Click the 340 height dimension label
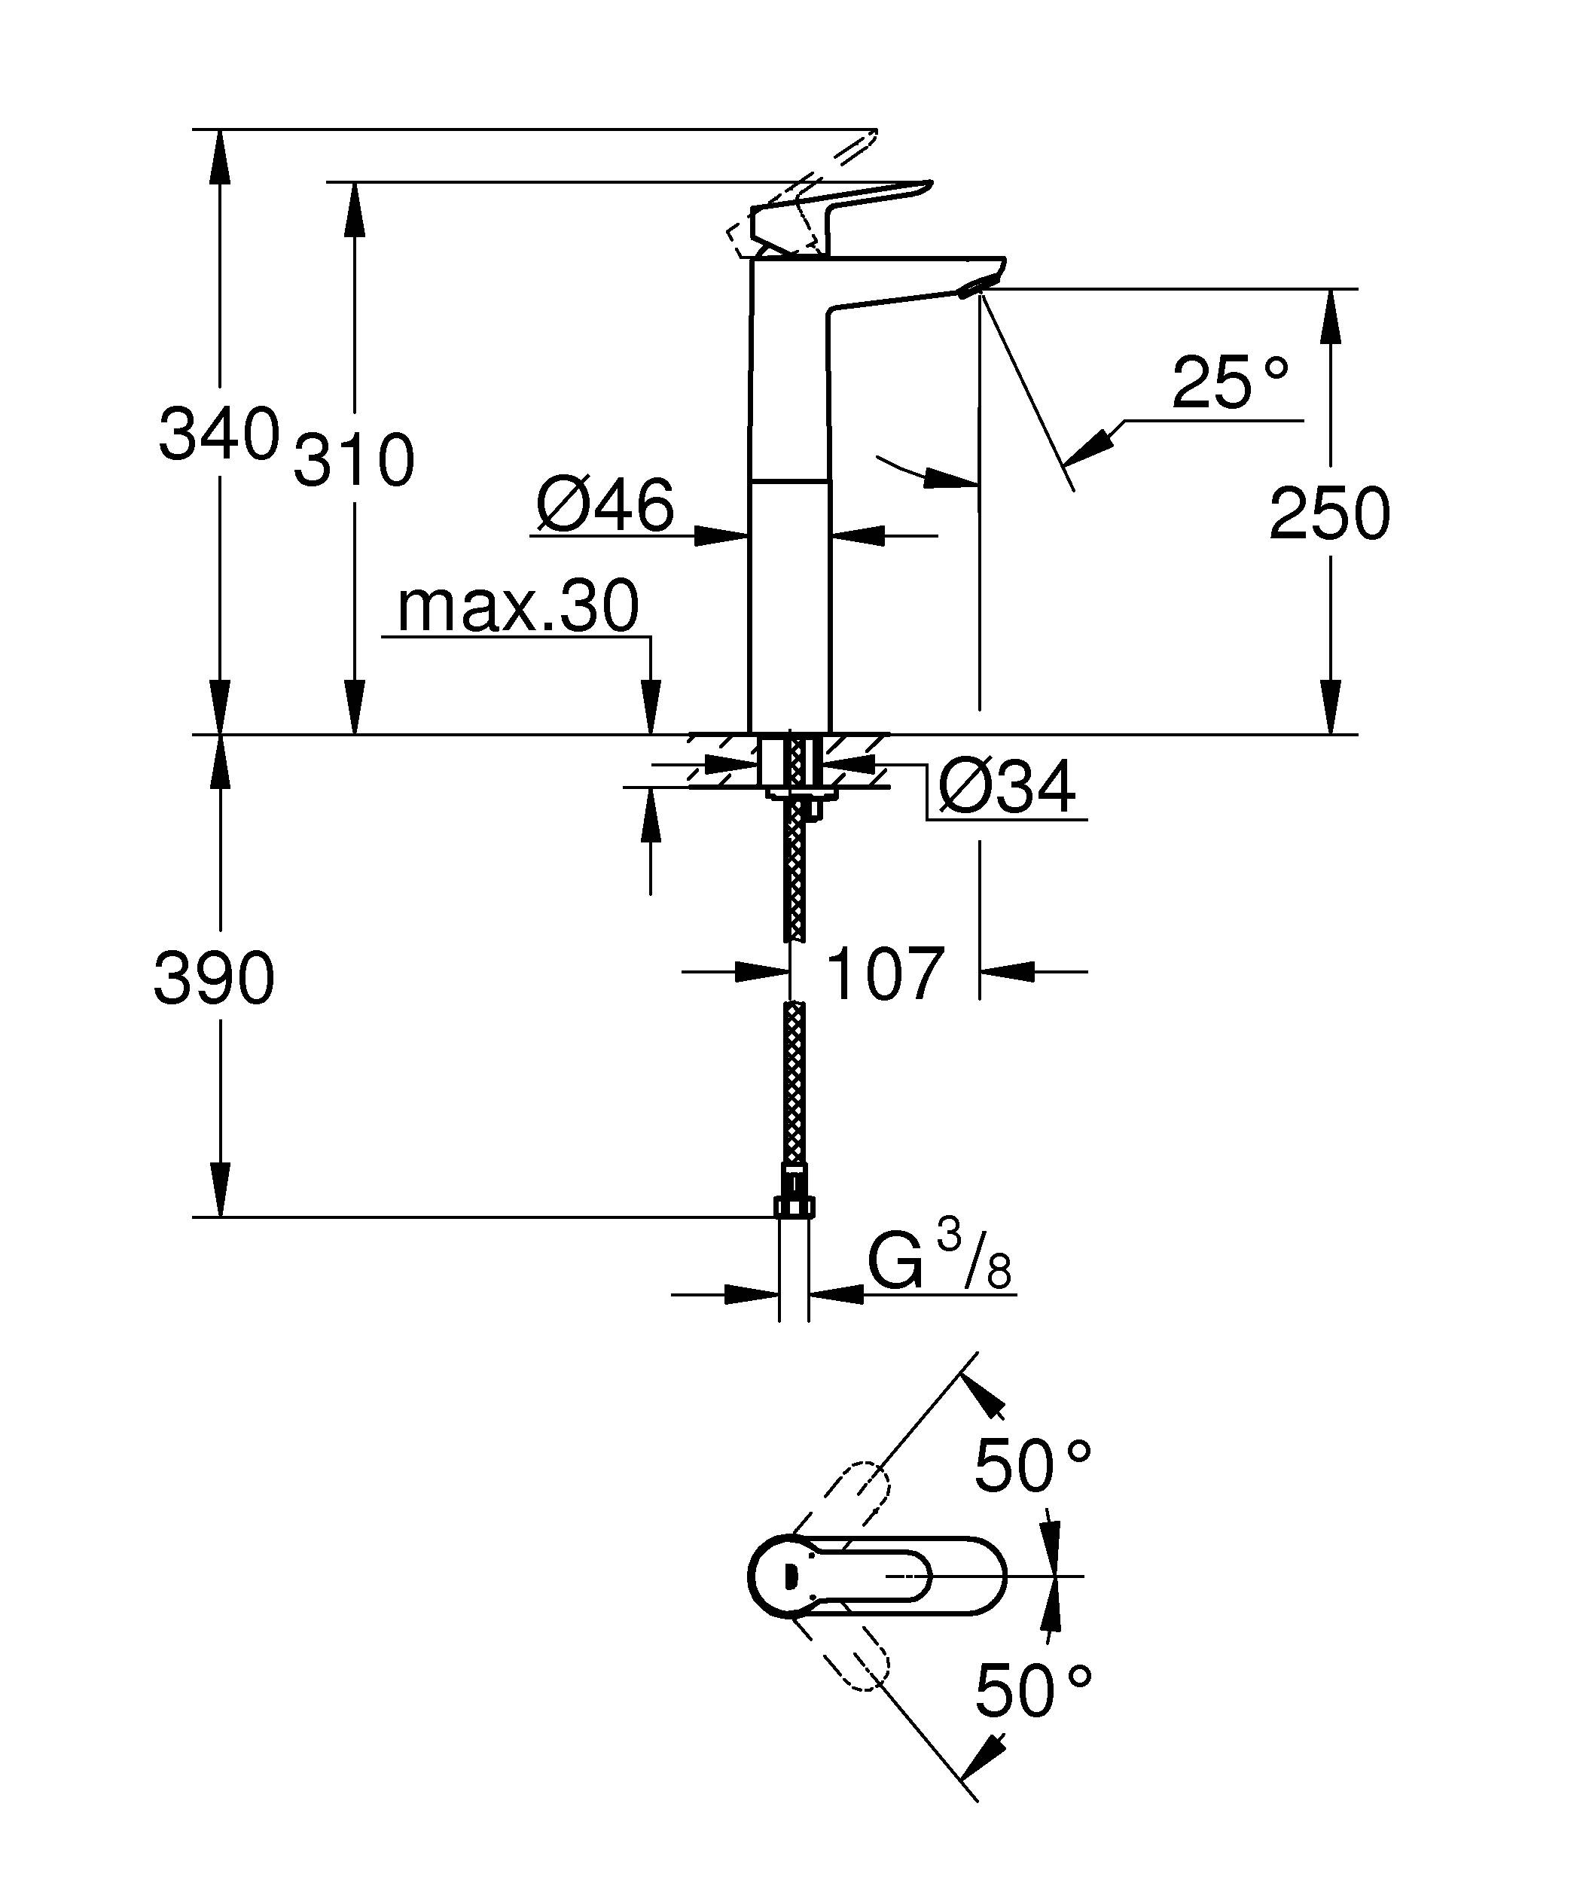click(x=218, y=434)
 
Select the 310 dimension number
click(x=354, y=461)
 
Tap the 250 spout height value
click(x=1329, y=514)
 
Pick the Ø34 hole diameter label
click(x=1007, y=787)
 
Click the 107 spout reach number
click(x=886, y=974)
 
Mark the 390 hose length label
click(x=214, y=979)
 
